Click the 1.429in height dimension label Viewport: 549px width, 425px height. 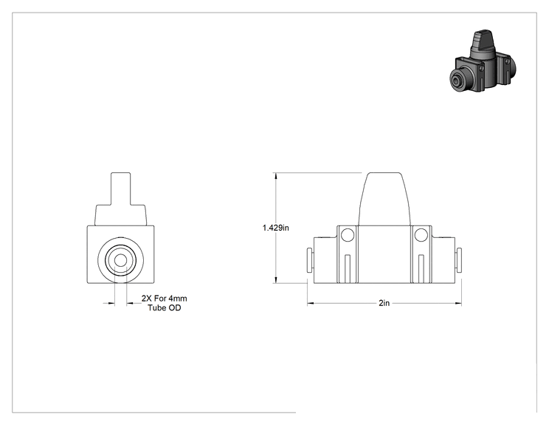276,228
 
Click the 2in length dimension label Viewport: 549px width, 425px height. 384,303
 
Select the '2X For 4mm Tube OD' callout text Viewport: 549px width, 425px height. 165,303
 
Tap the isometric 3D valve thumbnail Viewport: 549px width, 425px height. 483,61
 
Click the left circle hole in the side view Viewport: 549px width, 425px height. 348,235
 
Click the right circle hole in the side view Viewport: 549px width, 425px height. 421,235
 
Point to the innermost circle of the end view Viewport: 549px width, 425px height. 121,260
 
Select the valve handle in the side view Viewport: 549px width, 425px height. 384,199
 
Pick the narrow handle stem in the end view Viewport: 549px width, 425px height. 121,188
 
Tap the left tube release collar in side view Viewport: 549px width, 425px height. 310,260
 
